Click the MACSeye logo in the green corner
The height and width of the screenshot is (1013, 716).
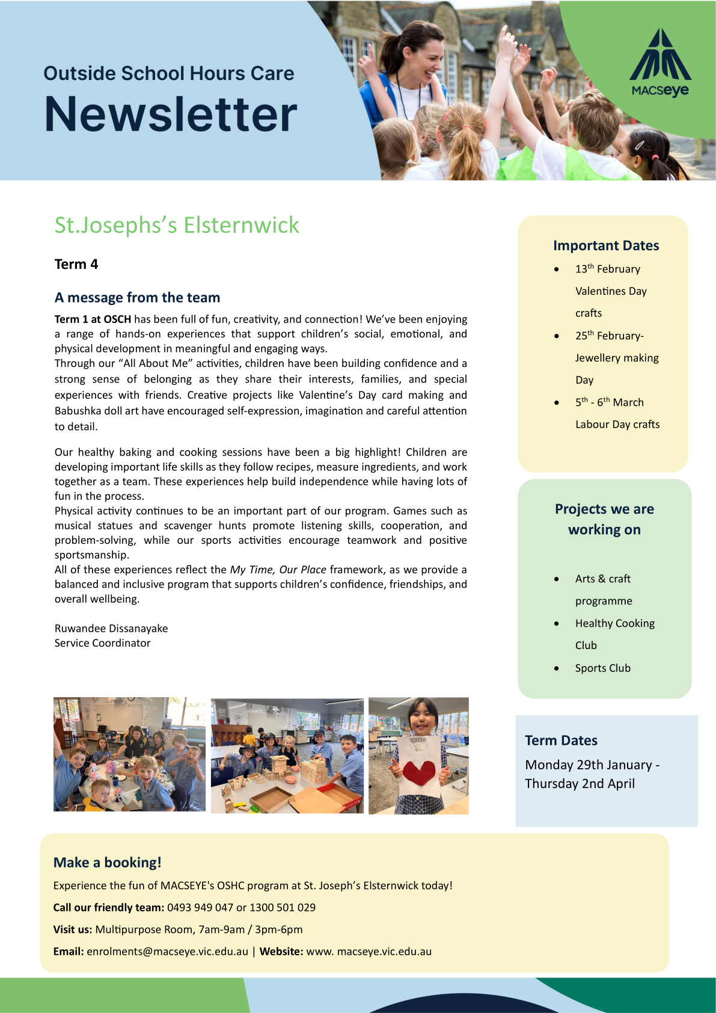coord(660,63)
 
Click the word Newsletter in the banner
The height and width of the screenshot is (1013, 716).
coord(171,114)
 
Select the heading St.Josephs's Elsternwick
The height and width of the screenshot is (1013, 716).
coord(177,225)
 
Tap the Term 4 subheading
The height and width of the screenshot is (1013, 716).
coord(76,264)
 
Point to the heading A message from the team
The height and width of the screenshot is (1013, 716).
coord(137,297)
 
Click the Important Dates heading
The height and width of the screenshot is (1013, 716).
coord(606,245)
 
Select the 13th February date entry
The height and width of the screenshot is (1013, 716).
coord(607,269)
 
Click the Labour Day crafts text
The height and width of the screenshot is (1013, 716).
coord(617,424)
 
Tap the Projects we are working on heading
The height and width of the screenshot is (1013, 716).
coord(604,519)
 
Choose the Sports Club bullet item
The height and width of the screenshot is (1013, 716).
coord(602,668)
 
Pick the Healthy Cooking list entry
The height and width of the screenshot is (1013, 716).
coord(614,623)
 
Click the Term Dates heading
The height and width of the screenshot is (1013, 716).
coord(561,741)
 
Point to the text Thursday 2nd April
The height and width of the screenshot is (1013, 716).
coord(580,783)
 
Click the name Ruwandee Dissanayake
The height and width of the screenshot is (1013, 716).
coord(111,628)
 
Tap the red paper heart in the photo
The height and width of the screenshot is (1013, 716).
coord(418,775)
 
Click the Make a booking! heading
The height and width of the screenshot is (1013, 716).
coord(108,862)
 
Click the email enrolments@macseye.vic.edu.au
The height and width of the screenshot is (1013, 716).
coord(167,951)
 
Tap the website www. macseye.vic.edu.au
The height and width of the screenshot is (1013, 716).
coord(369,951)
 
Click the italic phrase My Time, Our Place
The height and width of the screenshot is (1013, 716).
coord(278,569)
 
